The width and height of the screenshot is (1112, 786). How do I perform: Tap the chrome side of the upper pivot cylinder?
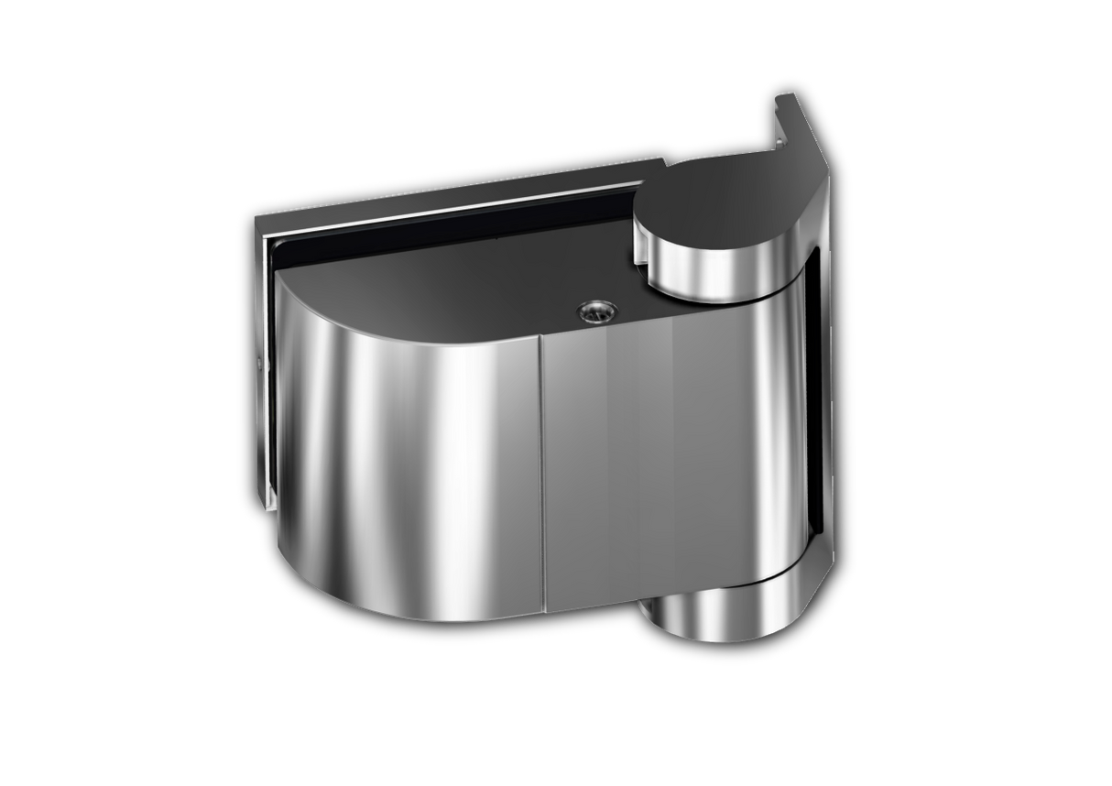(x=705, y=266)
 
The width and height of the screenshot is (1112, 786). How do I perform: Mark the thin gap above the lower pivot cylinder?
(x=724, y=584)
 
